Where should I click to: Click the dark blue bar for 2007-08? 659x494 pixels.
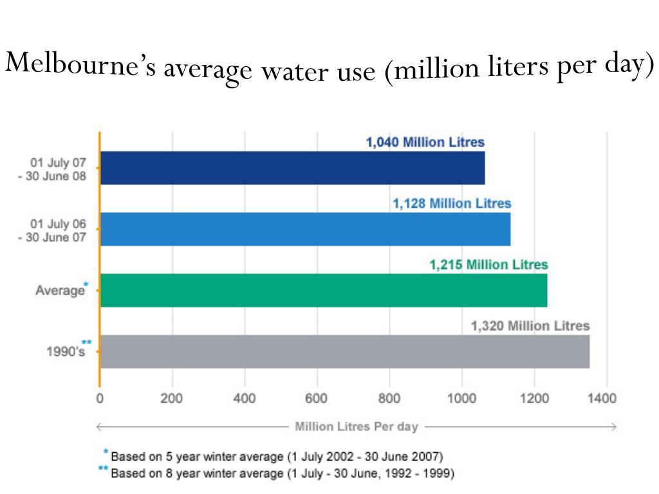coord(292,168)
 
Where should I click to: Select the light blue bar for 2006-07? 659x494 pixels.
coord(305,229)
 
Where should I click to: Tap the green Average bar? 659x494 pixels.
coord(323,290)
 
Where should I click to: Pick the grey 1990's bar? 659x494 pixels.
coord(344,351)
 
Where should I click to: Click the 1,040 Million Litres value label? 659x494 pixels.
coord(425,143)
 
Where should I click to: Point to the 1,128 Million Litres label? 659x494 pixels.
coord(452,204)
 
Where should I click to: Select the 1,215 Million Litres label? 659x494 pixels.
coord(488,264)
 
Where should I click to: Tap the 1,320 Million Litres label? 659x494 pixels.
coord(530,326)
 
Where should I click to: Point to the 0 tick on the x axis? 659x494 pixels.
coord(100,398)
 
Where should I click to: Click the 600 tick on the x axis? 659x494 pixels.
coord(317,398)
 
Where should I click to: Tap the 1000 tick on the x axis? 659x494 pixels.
coord(461,398)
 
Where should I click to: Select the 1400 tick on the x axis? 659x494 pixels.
coord(606,398)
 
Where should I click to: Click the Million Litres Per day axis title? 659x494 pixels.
coord(357,426)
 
